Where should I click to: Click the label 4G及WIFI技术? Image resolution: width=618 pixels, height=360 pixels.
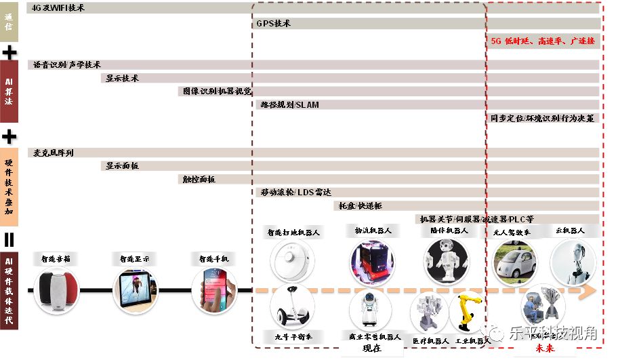(58, 8)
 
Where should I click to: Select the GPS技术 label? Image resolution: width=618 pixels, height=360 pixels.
(274, 23)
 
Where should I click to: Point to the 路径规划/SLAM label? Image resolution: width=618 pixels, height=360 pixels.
(289, 105)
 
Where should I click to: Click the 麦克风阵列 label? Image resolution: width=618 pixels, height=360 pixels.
(54, 153)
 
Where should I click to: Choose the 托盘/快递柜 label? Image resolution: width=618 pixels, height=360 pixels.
(360, 205)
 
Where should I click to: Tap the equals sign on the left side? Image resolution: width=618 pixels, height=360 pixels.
(9, 239)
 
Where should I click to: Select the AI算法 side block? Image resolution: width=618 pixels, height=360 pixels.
(9, 91)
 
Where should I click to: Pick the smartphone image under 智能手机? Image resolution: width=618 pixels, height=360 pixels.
(214, 289)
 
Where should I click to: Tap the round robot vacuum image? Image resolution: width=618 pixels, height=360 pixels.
(292, 258)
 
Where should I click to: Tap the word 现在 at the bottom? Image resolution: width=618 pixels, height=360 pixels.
(372, 348)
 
